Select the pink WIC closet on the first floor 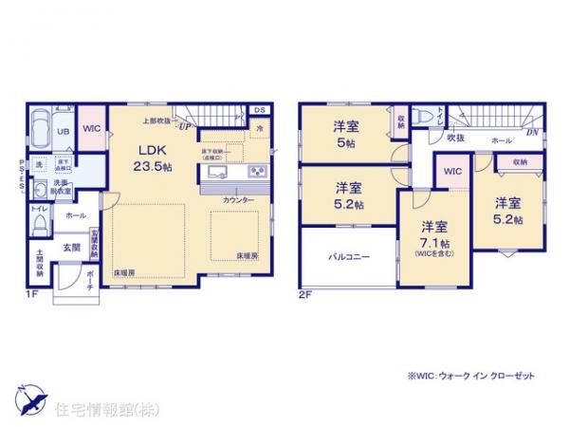tap(91, 127)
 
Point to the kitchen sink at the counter tap(214, 173)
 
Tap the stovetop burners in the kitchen tap(255, 173)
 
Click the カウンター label tap(238, 201)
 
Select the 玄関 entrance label tap(72, 247)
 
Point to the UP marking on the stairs tap(185, 126)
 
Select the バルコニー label tap(348, 256)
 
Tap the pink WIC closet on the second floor tap(451, 171)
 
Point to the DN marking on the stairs tap(534, 134)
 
